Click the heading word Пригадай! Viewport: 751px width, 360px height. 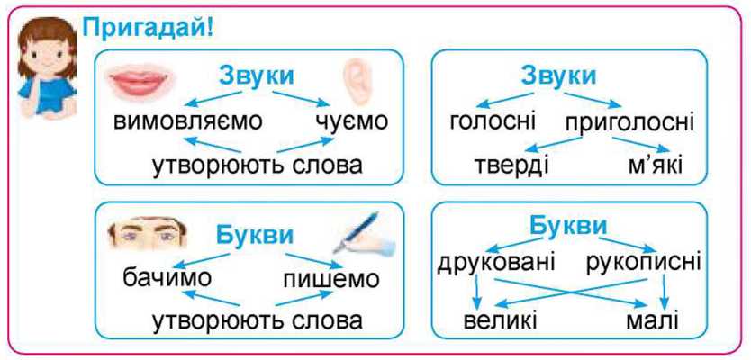pyautogui.click(x=148, y=29)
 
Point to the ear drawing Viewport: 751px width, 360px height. pyautogui.click(x=355, y=82)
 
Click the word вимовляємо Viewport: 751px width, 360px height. pyautogui.click(x=187, y=122)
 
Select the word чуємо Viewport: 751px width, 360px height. pyautogui.click(x=351, y=122)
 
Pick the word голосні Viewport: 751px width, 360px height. pyautogui.click(x=493, y=122)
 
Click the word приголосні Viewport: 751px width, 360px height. pyautogui.click(x=629, y=123)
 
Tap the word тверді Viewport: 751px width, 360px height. pyautogui.click(x=511, y=166)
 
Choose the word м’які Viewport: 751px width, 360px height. pyautogui.click(x=655, y=166)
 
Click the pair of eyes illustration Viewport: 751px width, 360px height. pyautogui.click(x=147, y=234)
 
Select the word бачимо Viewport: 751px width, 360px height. pyautogui.click(x=167, y=278)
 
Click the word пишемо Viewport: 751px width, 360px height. pyautogui.click(x=331, y=280)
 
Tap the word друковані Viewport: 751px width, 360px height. pyautogui.click(x=496, y=263)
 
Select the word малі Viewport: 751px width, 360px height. pyautogui.click(x=652, y=320)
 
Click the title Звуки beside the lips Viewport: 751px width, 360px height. pyautogui.click(x=257, y=76)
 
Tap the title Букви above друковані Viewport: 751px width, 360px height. pyautogui.click(x=568, y=227)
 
